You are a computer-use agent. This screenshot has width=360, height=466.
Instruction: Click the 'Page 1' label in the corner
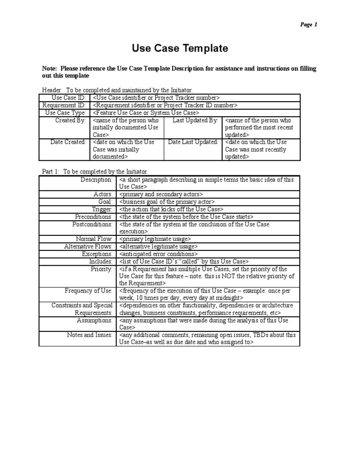click(309, 25)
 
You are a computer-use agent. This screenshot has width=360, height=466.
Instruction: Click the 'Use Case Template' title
click(180, 48)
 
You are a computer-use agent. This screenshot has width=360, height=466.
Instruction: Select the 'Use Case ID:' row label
click(69, 98)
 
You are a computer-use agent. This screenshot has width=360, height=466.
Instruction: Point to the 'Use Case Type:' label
click(66, 113)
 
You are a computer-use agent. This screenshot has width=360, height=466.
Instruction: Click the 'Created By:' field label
click(71, 120)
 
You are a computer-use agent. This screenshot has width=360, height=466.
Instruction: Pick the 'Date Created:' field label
click(68, 142)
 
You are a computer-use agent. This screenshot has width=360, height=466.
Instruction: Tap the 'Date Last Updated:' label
click(193, 142)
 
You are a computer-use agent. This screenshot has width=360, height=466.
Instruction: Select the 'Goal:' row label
click(105, 202)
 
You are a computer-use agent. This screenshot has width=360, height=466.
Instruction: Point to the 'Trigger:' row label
click(102, 209)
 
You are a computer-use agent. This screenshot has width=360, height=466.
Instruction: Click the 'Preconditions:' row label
click(94, 217)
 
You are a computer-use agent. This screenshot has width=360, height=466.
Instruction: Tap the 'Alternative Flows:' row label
click(89, 247)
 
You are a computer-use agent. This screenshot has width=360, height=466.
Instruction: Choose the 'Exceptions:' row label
click(97, 254)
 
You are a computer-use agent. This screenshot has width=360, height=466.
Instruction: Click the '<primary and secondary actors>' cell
click(161, 194)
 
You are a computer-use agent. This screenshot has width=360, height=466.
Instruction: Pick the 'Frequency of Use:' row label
click(89, 291)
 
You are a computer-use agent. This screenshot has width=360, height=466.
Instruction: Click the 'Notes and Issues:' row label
click(90, 335)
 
